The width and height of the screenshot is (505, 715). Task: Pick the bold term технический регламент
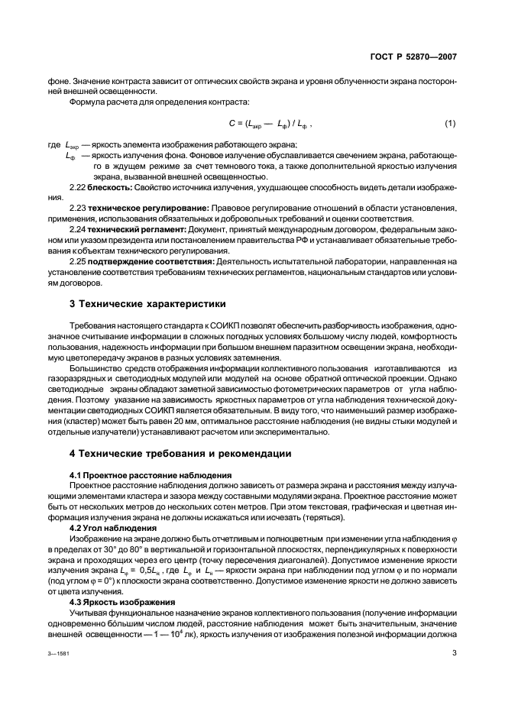[x=131, y=230]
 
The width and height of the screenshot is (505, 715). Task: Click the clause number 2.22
[x=79, y=187]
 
